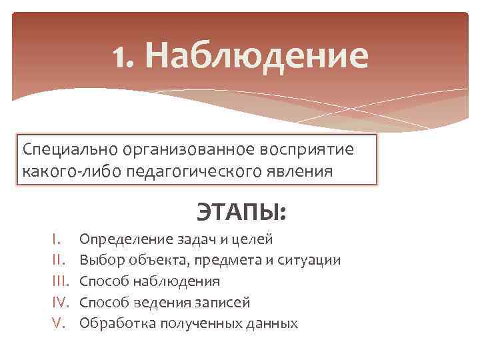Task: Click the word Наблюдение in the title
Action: click(255, 56)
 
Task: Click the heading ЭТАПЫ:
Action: click(241, 213)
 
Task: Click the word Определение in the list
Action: click(122, 239)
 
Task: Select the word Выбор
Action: click(99, 260)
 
